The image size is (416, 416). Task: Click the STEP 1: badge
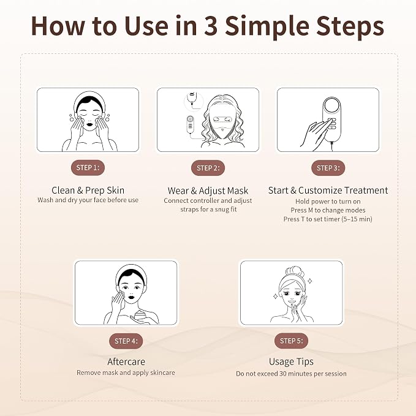(x=88, y=168)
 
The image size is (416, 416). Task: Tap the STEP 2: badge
(x=208, y=168)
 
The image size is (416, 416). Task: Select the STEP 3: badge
(x=328, y=168)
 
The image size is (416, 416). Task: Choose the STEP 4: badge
(x=126, y=341)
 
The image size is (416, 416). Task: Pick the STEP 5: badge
(x=291, y=341)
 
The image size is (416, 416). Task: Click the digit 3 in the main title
(x=211, y=26)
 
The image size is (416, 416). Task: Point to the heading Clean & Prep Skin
(x=88, y=190)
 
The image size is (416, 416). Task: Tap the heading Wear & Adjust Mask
(x=208, y=191)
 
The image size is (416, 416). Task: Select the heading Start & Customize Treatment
(x=328, y=190)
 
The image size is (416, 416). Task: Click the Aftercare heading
(x=126, y=361)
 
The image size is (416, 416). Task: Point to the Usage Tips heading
(x=291, y=361)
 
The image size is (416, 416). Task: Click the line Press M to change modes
(x=328, y=210)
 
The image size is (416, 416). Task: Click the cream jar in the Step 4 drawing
(x=140, y=316)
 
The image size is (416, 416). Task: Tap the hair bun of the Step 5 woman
(x=295, y=273)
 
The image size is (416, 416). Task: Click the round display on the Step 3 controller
(x=332, y=107)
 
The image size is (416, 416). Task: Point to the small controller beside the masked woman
(x=190, y=124)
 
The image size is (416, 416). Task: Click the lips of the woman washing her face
(x=90, y=124)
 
